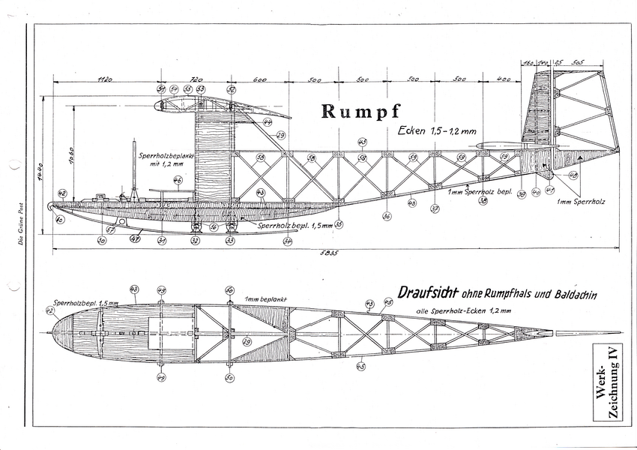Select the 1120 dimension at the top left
[105, 78]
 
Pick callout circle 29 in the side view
[281, 136]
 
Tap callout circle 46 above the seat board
[178, 180]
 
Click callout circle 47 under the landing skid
[135, 240]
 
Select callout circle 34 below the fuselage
[288, 241]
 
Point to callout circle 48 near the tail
[573, 175]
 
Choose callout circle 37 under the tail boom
[435, 208]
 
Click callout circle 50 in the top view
[229, 377]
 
